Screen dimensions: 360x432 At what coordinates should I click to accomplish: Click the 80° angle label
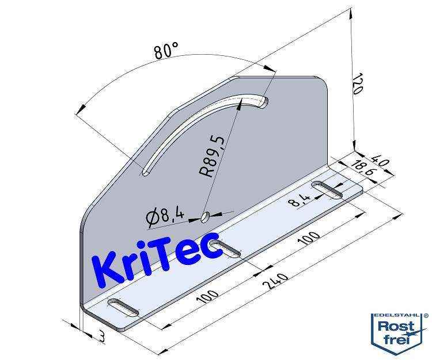[166, 51]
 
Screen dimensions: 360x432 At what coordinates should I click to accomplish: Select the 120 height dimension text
[357, 84]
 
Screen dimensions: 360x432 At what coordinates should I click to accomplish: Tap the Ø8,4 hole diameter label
[165, 217]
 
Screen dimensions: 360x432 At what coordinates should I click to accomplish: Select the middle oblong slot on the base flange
[226, 249]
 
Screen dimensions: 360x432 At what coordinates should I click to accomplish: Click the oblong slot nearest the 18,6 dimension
[327, 190]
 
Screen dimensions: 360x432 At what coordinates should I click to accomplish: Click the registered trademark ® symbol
[426, 316]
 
